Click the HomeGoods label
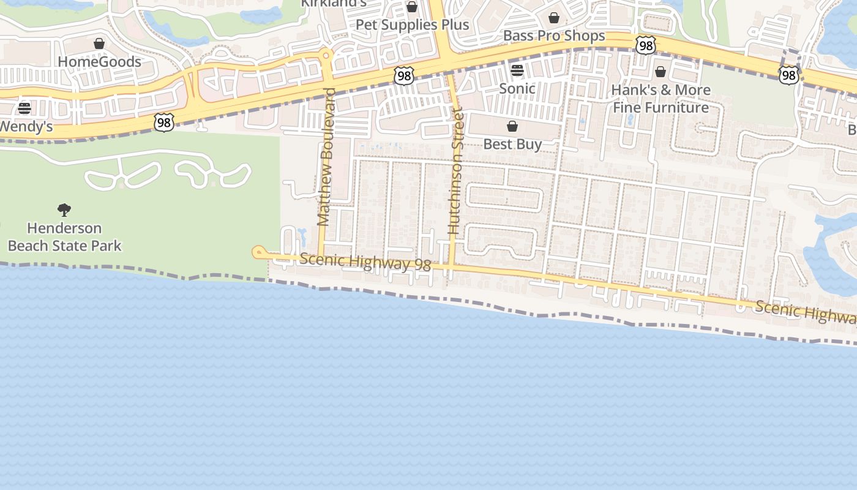click(99, 62)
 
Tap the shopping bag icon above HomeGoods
click(99, 43)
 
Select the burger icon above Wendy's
click(24, 108)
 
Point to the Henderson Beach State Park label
click(64, 237)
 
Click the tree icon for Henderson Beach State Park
click(64, 210)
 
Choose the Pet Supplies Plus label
click(412, 25)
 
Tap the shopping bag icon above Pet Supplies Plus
click(412, 7)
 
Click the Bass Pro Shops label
click(554, 36)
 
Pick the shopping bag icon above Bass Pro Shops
click(554, 18)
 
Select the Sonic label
click(517, 89)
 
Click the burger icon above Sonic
click(517, 70)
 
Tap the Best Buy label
click(512, 145)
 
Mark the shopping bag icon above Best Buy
click(512, 126)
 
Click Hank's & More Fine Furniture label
click(661, 99)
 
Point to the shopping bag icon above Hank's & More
click(661, 72)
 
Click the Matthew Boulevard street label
click(326, 157)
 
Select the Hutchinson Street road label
click(455, 171)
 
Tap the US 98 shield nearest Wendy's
click(163, 122)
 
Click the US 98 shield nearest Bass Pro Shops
click(645, 45)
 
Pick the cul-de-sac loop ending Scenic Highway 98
click(258, 251)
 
